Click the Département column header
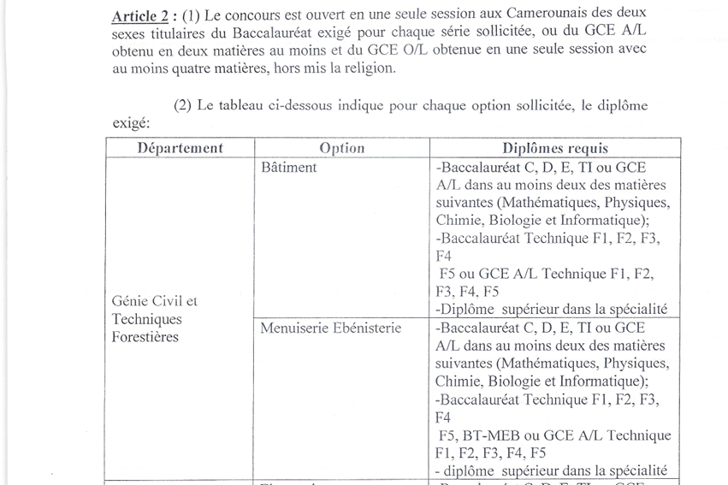[x=180, y=148]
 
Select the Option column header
[x=341, y=148]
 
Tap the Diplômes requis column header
[x=555, y=148]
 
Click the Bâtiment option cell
[x=288, y=168]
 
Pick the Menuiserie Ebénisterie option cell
[x=330, y=328]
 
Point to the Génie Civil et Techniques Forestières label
[x=155, y=319]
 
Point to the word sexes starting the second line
[x=129, y=34]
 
